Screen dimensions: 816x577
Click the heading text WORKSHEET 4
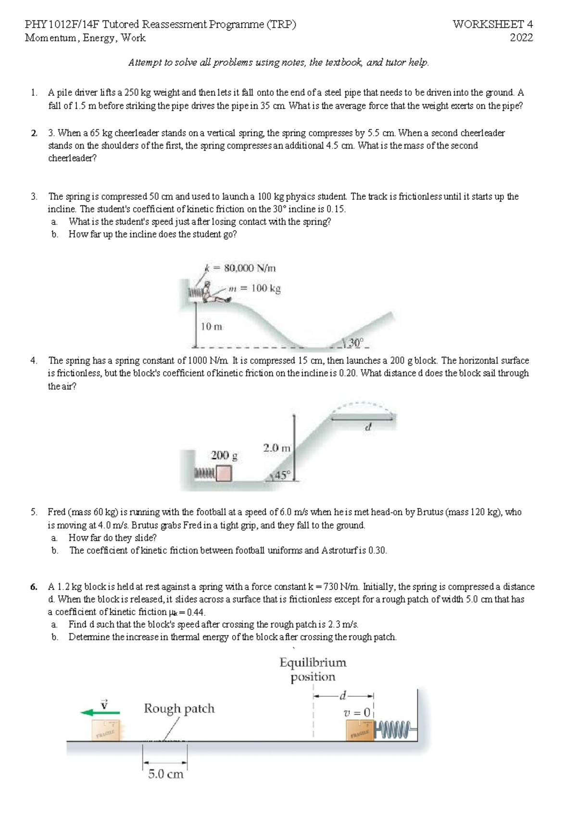pyautogui.click(x=492, y=24)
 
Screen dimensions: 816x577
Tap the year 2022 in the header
pyautogui.click(x=521, y=38)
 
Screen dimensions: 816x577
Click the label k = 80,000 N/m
pyautogui.click(x=240, y=268)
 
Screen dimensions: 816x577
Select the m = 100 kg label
pyautogui.click(x=254, y=289)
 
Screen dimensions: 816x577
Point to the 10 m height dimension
pyautogui.click(x=212, y=327)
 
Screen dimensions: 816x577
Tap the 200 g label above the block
pyautogui.click(x=224, y=455)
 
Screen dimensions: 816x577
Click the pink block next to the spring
pyautogui.click(x=224, y=474)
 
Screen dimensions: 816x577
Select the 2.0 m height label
pyautogui.click(x=277, y=447)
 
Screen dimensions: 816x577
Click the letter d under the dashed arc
pyautogui.click(x=368, y=427)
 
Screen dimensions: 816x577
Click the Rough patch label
pyautogui.click(x=179, y=708)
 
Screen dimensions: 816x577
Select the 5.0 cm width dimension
pyautogui.click(x=165, y=774)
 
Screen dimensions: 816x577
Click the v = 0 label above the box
pyautogui.click(x=357, y=713)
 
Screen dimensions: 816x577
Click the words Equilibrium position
pyautogui.click(x=313, y=669)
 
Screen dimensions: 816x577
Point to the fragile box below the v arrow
pyautogui.click(x=107, y=730)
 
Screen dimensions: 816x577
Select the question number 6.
pyautogui.click(x=33, y=587)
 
